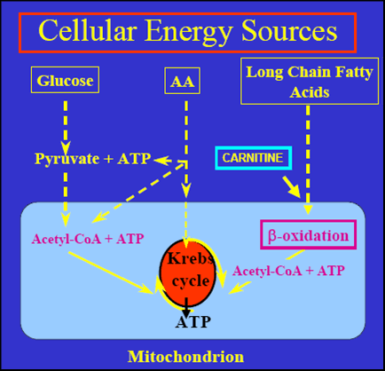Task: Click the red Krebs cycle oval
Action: coord(188,272)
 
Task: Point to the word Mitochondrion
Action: coord(185,356)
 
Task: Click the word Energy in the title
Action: coord(188,32)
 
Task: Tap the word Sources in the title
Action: coord(289,31)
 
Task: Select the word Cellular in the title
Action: coord(88,30)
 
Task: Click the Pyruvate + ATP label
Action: coord(92,159)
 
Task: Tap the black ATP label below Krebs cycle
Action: coord(192,322)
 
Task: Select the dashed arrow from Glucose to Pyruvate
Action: coord(66,128)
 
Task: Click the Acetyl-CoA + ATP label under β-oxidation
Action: coord(288,271)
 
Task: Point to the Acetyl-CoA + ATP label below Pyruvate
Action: coord(88,239)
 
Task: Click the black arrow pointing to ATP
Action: coord(186,308)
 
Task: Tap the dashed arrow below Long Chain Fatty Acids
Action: coord(308,160)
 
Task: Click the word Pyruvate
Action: coord(67,159)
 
